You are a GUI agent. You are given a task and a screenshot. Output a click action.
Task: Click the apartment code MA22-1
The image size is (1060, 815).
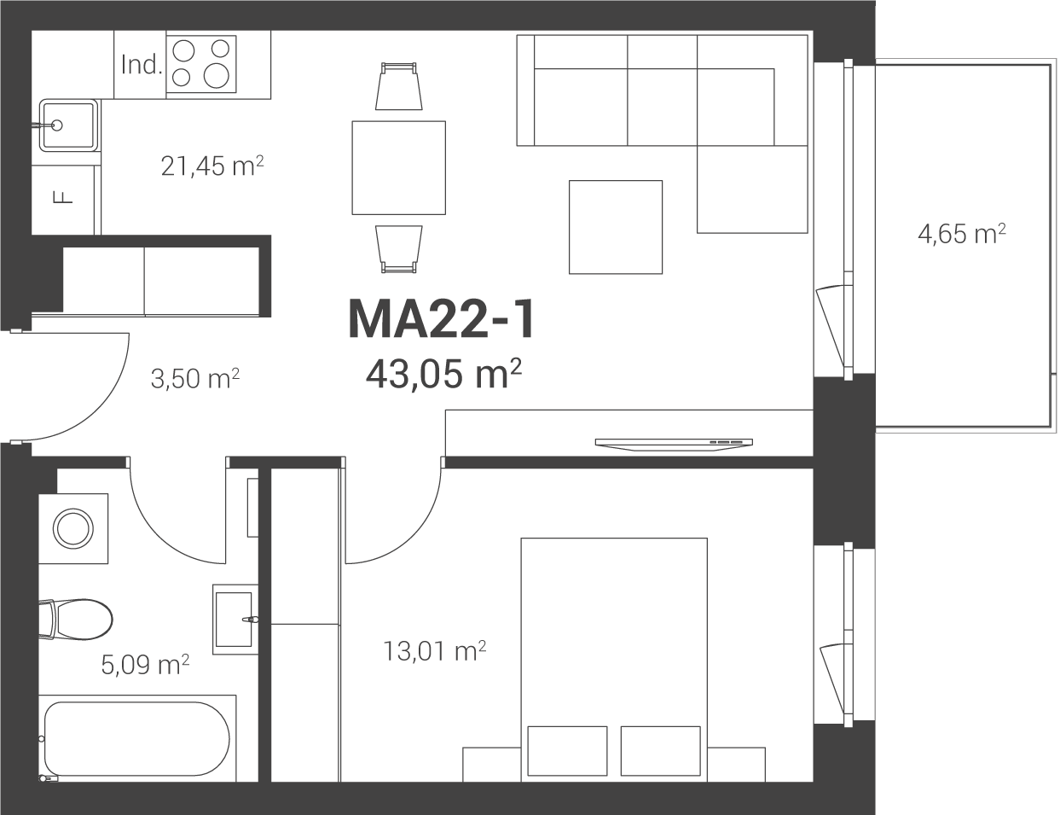coord(442,320)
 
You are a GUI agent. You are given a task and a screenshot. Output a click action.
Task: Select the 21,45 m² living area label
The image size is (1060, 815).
coord(212,166)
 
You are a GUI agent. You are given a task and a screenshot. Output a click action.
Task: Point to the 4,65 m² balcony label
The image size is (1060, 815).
coord(961,234)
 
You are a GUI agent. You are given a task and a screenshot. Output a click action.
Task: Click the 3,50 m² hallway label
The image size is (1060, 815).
coord(195,378)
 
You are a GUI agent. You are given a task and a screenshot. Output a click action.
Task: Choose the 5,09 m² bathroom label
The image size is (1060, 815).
coord(145,664)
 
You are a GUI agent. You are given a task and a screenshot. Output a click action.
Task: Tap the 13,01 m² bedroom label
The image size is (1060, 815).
coord(435,651)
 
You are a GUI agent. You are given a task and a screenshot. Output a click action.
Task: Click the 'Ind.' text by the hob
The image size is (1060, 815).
coord(142,64)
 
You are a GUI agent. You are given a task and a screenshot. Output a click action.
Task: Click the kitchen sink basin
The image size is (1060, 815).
coord(68,125)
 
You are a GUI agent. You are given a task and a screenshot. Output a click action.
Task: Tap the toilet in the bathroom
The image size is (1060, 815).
coord(76,620)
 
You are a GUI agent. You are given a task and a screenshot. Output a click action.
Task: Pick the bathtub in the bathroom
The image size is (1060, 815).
coord(137,738)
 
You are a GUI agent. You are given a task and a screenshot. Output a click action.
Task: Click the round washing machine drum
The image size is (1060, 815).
coord(73,529)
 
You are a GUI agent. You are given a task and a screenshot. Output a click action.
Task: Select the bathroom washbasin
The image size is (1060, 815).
coord(235,620)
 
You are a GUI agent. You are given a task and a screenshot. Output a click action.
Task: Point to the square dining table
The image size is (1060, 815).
coord(398,168)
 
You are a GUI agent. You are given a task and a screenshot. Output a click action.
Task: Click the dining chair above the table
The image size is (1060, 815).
coord(399,86)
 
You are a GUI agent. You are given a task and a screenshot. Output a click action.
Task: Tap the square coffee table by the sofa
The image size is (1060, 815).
coord(616,227)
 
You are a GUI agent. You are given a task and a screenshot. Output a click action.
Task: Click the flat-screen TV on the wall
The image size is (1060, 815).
coord(674,445)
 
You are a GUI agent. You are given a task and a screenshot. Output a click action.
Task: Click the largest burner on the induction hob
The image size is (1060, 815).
coord(216,76)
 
